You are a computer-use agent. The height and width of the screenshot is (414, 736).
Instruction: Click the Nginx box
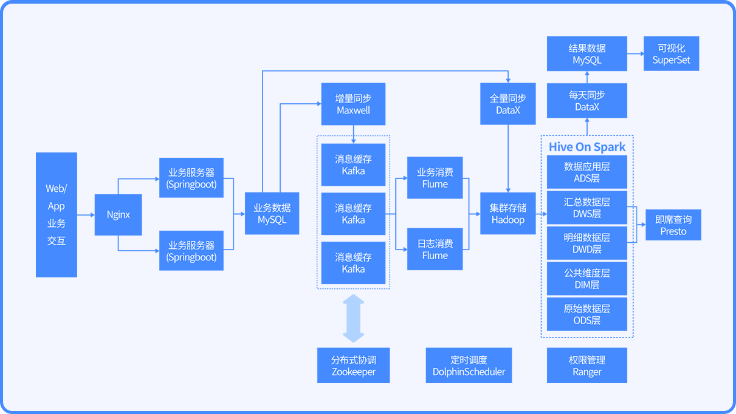coord(119,215)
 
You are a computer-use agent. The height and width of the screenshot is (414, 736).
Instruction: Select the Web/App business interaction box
coord(57,215)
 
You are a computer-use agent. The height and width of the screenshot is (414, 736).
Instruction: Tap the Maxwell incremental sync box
coord(353,104)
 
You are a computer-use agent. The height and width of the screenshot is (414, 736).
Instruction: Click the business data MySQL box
coord(272,213)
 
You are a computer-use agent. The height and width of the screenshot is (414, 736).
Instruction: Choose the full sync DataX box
coord(508,104)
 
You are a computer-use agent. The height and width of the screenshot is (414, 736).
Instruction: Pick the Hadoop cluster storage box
coord(508,213)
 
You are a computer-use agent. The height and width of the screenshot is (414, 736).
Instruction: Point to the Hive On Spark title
coord(587,147)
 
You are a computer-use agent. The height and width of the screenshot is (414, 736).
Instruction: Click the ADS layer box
coord(587,172)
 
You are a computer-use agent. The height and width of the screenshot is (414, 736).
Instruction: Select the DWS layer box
coord(587,208)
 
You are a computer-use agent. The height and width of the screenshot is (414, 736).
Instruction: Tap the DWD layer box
coord(587,243)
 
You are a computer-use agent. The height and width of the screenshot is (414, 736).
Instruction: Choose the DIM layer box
coord(587,279)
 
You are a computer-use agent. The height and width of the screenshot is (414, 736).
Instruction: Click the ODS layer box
coord(587,314)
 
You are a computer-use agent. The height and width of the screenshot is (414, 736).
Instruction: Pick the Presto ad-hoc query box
coord(673,225)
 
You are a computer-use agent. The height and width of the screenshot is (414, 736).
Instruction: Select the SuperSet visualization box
coord(671,53)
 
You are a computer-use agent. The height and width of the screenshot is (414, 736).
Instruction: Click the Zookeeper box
coord(354,365)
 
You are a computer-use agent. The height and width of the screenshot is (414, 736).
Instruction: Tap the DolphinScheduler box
coord(469,365)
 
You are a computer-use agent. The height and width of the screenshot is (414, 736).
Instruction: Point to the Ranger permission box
coord(587,365)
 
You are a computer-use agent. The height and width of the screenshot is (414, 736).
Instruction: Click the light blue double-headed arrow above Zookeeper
coord(354,318)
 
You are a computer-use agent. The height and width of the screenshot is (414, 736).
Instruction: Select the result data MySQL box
coord(587,53)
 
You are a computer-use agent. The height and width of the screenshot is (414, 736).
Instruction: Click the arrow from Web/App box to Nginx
coord(86,215)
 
